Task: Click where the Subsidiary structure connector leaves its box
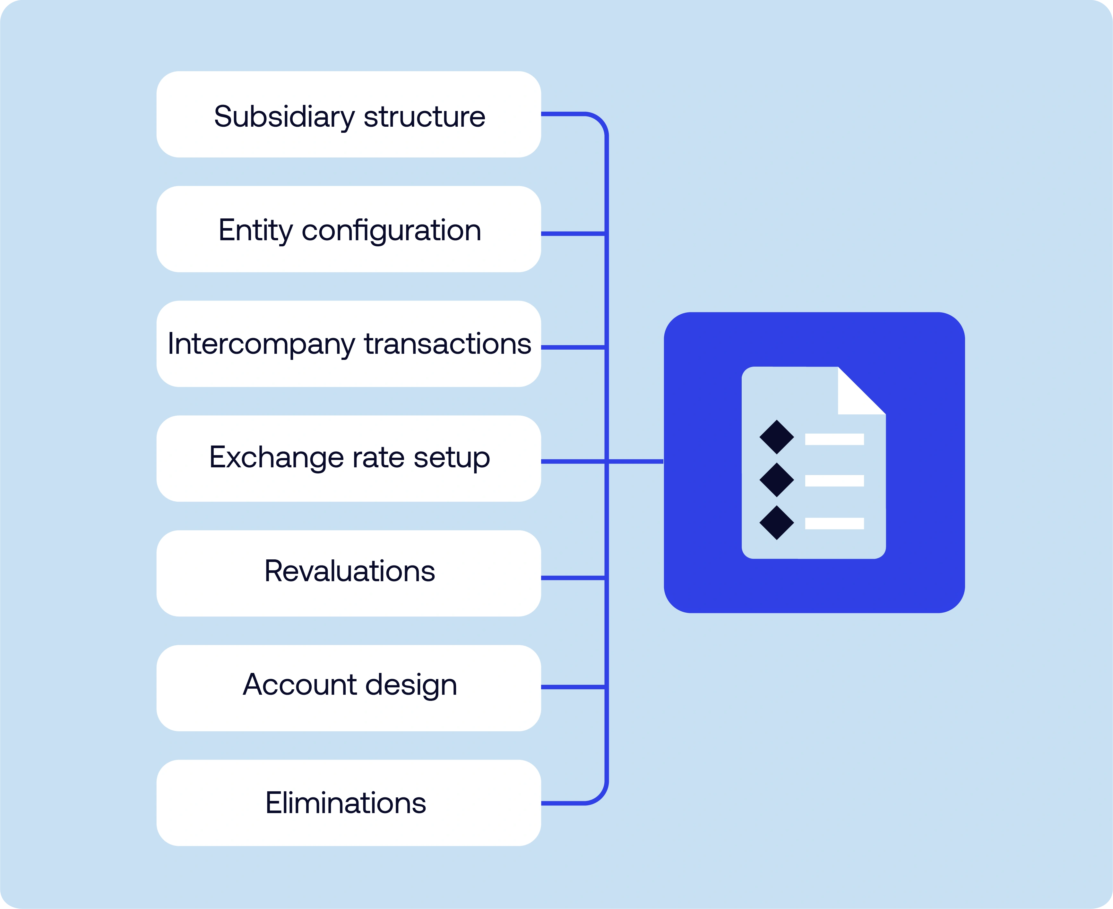point(541,114)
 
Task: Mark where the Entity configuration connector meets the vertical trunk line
point(606,234)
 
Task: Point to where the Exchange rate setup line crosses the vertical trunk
point(606,461)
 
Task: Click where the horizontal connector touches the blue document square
point(663,461)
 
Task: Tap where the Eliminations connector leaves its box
point(541,803)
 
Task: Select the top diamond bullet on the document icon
point(777,437)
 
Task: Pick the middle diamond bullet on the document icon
point(777,480)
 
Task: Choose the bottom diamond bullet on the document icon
point(777,522)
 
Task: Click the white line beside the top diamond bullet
point(834,439)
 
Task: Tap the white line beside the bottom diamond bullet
point(834,523)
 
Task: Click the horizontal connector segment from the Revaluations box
point(573,578)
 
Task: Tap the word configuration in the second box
point(392,231)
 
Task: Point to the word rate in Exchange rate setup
point(378,458)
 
